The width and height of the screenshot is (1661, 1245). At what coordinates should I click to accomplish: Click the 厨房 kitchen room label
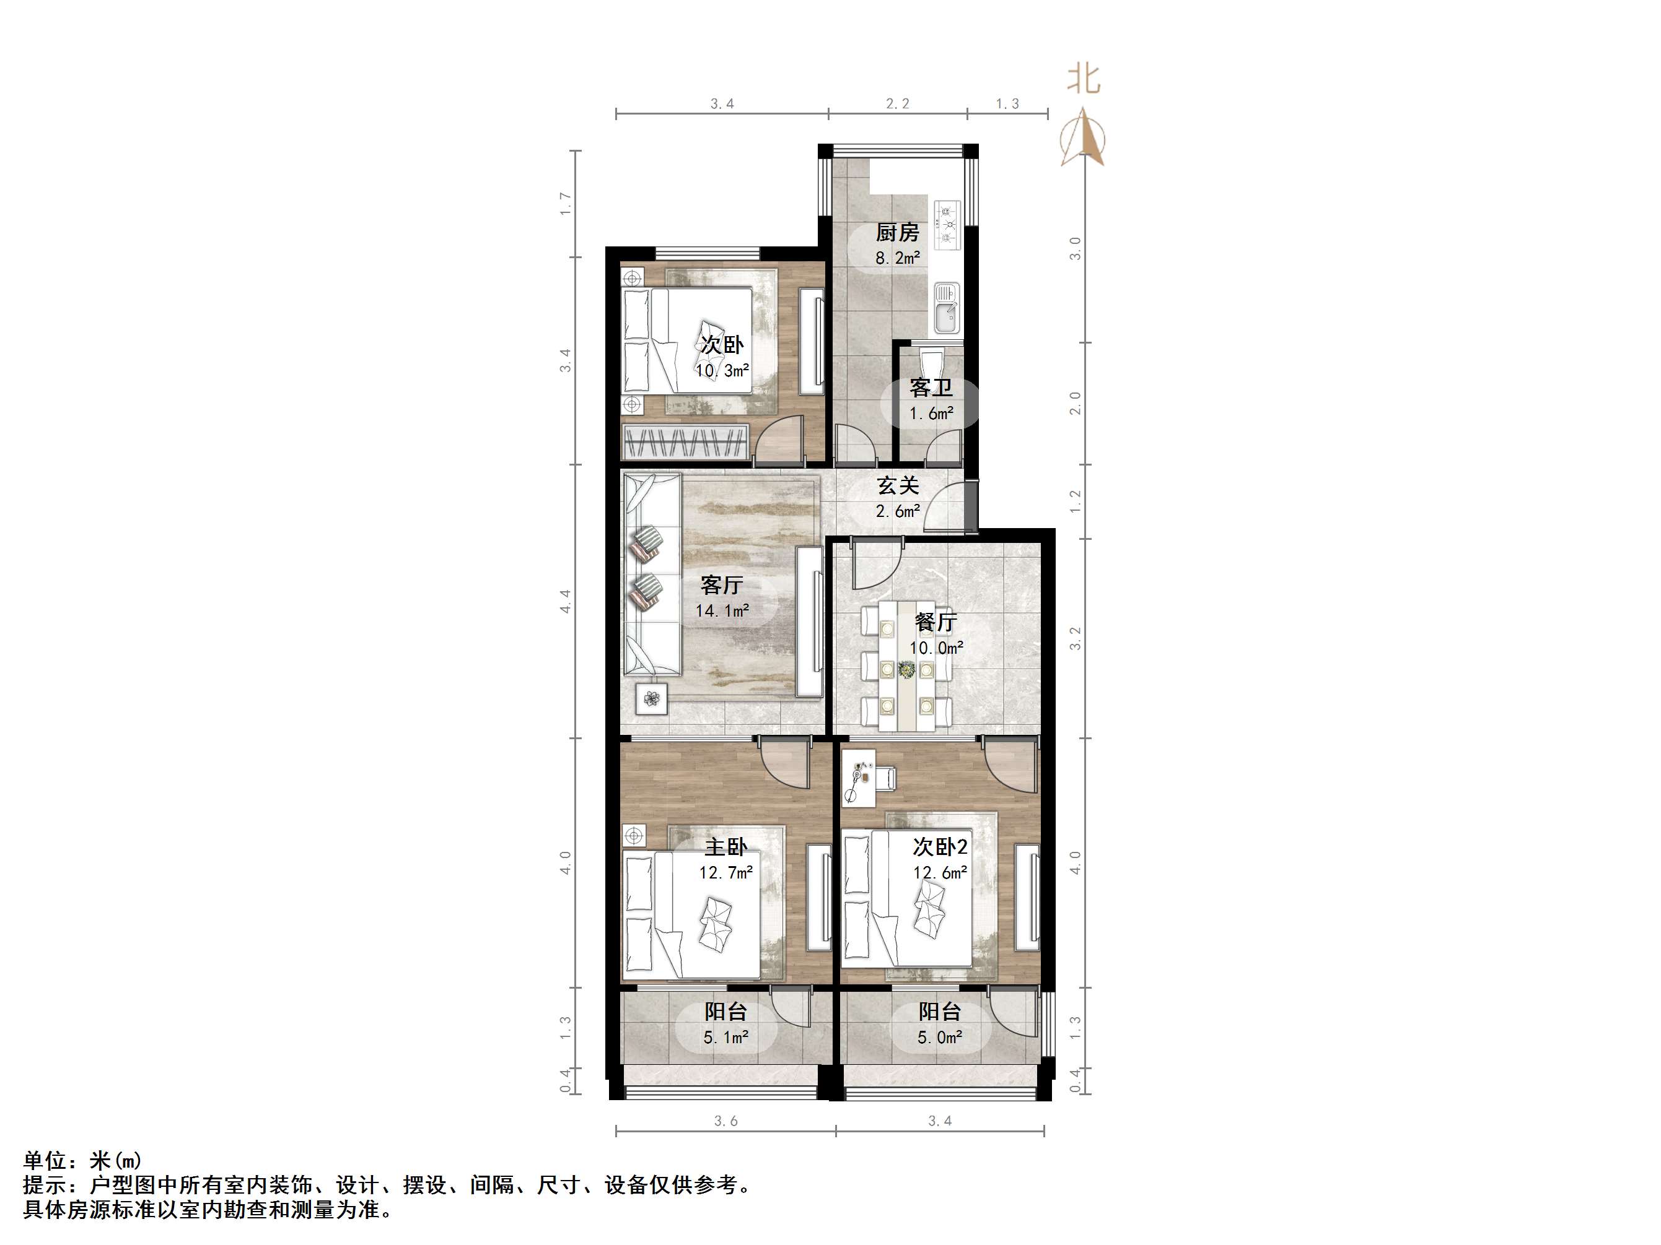pyautogui.click(x=897, y=233)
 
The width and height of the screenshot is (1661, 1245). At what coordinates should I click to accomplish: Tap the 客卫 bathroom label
pyautogui.click(x=931, y=388)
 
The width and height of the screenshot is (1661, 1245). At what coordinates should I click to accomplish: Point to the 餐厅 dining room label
pyautogui.click(x=936, y=622)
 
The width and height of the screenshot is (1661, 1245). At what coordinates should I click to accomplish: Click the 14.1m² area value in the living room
pyautogui.click(x=722, y=611)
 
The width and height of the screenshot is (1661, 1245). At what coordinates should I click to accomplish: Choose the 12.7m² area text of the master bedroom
pyautogui.click(x=725, y=872)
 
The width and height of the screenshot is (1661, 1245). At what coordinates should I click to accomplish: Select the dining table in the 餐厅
pyautogui.click(x=907, y=664)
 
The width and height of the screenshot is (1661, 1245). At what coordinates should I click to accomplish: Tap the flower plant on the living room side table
pyautogui.click(x=652, y=700)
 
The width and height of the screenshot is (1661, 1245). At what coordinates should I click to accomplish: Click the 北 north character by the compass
pyautogui.click(x=1084, y=79)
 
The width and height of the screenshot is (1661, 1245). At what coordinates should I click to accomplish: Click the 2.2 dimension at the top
pyautogui.click(x=897, y=103)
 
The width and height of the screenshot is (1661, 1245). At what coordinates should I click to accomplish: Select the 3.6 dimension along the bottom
pyautogui.click(x=725, y=1121)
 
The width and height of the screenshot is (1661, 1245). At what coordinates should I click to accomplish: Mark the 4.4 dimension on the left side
pyautogui.click(x=564, y=601)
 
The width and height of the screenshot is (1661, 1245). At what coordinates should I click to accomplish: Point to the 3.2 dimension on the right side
pyautogui.click(x=1076, y=638)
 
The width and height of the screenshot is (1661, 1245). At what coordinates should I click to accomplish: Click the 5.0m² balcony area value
pyautogui.click(x=939, y=1037)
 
